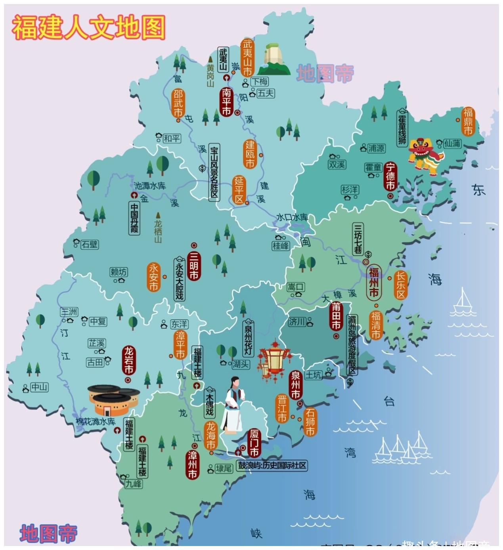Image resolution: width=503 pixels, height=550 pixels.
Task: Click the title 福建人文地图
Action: [x=89, y=27]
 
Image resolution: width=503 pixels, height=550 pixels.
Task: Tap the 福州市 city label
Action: [x=374, y=282]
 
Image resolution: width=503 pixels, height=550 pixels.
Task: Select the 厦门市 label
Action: [x=254, y=443]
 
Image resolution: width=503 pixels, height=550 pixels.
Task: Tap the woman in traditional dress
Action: [x=233, y=404]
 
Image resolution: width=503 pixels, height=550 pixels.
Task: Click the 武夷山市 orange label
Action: [x=247, y=57]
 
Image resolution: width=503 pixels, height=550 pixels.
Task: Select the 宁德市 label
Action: [x=390, y=176]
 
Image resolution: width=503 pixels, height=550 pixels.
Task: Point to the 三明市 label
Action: [x=194, y=265]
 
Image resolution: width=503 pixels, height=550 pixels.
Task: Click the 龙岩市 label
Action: [x=129, y=360]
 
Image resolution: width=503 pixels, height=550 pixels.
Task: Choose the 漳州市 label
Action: [x=193, y=464]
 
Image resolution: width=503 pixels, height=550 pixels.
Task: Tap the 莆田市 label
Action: [x=336, y=316]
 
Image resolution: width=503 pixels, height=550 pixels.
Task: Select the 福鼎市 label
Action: [x=468, y=121]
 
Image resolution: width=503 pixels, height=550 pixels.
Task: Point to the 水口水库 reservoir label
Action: [x=292, y=217]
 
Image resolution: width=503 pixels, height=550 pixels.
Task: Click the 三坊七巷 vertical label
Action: [x=358, y=239]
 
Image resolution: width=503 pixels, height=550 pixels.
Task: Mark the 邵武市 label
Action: [x=178, y=103]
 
